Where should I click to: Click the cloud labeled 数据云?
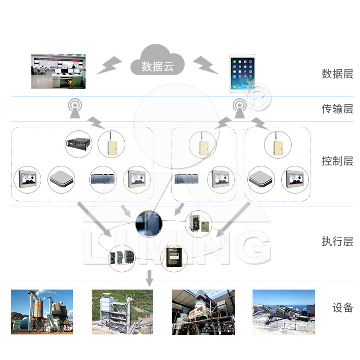[157, 62]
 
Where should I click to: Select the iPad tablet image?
[244, 74]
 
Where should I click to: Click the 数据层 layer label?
[337, 74]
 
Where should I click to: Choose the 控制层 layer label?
[337, 161]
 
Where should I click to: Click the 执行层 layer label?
[337, 242]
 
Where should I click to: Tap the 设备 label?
[343, 307]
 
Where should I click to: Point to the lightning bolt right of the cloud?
[206, 65]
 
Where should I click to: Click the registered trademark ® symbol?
[257, 101]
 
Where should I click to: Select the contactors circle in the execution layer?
[122, 257]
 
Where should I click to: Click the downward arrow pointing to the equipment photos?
[150, 278]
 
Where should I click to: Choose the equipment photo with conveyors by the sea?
[284, 312]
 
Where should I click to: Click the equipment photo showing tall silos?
[42, 312]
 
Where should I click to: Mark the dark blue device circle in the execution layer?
[148, 224]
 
